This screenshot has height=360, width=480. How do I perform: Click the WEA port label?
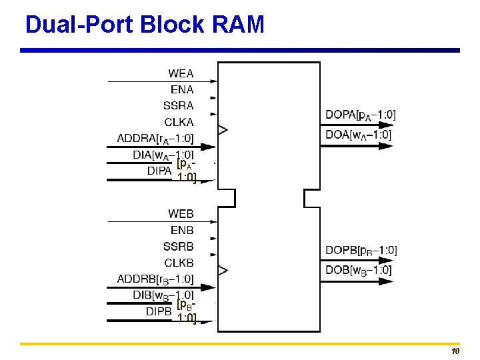(x=181, y=73)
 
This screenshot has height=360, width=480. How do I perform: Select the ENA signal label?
(x=182, y=89)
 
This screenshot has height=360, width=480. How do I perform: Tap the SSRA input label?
(x=179, y=105)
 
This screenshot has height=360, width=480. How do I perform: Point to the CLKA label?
(x=179, y=122)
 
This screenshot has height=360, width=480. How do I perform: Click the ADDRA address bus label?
(x=155, y=139)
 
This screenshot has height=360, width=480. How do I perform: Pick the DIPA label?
(x=159, y=171)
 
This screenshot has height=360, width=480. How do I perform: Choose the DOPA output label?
(x=360, y=115)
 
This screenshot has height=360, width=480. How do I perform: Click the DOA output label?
(x=358, y=135)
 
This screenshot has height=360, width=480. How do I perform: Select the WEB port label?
(x=181, y=214)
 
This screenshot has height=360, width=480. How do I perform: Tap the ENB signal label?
(x=182, y=230)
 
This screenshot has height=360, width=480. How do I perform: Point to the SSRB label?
(x=179, y=247)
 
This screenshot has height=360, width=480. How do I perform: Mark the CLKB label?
(x=179, y=263)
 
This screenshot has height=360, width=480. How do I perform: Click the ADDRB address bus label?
(x=155, y=279)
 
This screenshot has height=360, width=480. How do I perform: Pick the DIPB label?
(x=159, y=311)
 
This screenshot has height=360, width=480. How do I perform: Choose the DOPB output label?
(x=361, y=251)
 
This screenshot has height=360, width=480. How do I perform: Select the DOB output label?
(x=358, y=270)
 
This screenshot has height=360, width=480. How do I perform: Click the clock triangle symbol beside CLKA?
(x=223, y=129)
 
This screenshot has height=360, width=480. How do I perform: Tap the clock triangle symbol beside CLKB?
(x=223, y=270)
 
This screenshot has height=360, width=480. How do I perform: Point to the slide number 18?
(x=456, y=351)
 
